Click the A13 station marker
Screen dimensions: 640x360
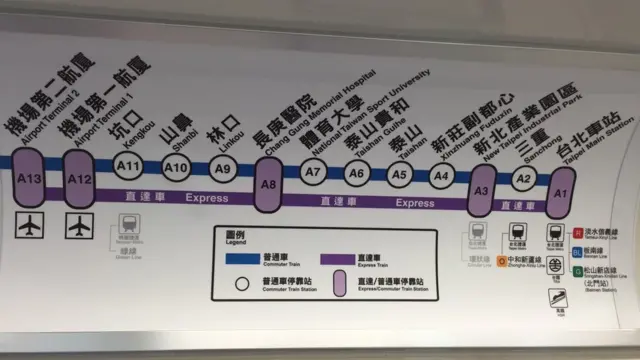[x=28, y=178]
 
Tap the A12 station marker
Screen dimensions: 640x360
[x=79, y=177]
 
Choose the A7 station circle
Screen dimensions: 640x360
[x=314, y=171]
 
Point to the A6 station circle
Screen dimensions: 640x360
[x=357, y=172]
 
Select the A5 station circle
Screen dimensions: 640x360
[x=400, y=174]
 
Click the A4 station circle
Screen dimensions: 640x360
[x=441, y=176]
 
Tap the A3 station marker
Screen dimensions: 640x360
[x=482, y=190]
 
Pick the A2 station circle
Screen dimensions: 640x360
[x=522, y=179]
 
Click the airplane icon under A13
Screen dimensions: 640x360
[x=28, y=226]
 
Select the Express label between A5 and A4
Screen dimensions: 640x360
[x=415, y=203]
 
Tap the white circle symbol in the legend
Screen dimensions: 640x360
[x=241, y=283]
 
